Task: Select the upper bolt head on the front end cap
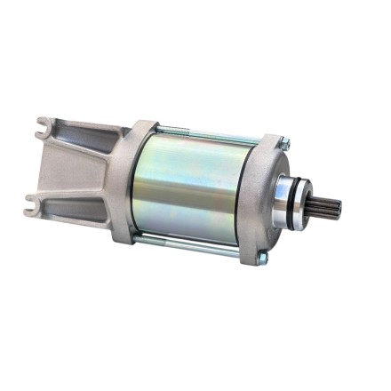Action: tap(283, 140)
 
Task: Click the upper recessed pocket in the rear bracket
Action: tap(84, 147)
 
